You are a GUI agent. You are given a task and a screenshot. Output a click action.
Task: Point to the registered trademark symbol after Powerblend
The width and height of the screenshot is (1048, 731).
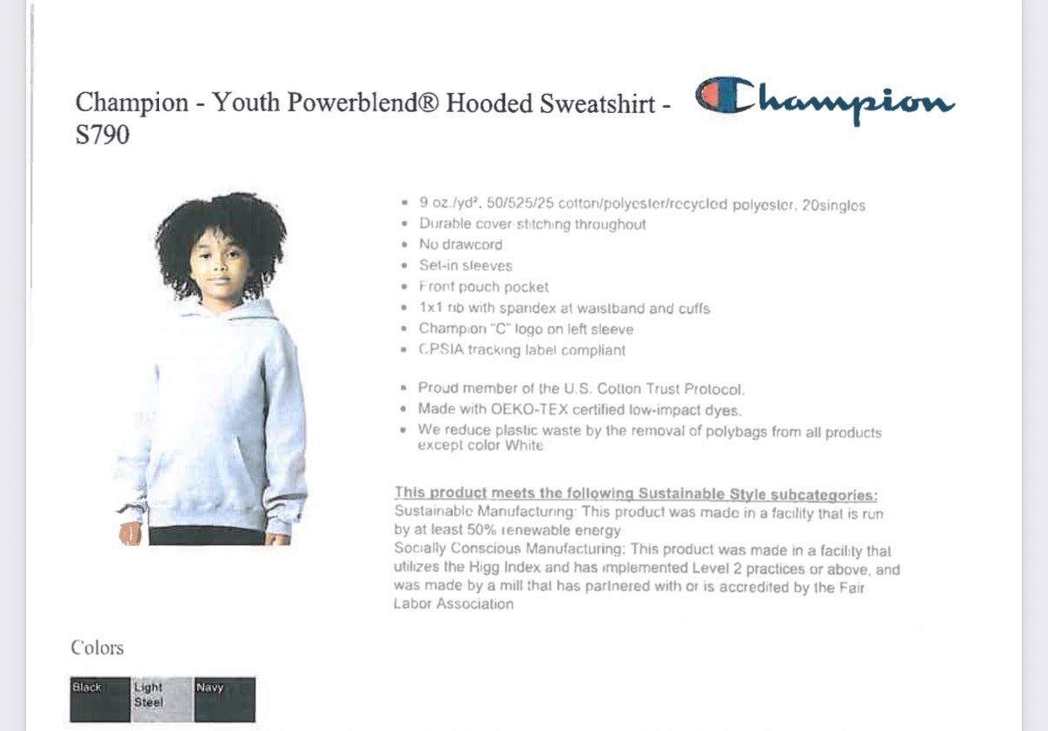(428, 103)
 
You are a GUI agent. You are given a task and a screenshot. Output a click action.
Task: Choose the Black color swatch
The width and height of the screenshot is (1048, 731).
(100, 700)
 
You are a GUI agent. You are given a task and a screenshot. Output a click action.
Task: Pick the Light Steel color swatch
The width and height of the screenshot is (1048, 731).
(162, 700)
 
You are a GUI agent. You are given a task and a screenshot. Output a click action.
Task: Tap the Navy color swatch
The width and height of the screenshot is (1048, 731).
(224, 700)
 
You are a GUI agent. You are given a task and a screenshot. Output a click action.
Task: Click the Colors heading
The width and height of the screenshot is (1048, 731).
(97, 648)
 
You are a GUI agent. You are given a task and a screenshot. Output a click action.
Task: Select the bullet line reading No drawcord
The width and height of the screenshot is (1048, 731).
(461, 245)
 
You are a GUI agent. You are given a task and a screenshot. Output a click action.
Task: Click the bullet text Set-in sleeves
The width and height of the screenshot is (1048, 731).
(466, 266)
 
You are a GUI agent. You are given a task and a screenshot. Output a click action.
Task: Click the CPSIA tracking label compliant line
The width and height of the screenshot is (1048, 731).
(521, 350)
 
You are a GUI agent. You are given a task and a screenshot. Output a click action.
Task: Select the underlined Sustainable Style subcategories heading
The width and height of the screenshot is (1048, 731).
(635, 495)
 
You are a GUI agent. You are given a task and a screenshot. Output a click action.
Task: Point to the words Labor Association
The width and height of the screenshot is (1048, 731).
(454, 604)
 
